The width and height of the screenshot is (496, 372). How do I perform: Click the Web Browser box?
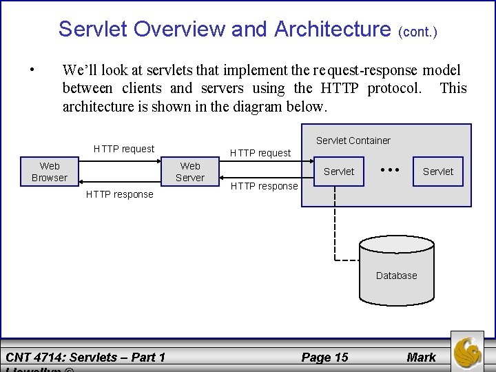[50, 172]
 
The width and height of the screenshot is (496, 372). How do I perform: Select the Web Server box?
[190, 172]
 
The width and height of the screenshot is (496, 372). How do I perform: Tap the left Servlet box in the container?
[339, 172]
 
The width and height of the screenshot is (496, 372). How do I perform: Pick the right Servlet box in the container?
[438, 172]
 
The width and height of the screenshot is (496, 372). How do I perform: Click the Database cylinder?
[397, 276]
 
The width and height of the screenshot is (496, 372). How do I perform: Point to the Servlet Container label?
[353, 141]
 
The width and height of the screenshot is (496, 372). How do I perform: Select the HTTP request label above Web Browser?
[124, 149]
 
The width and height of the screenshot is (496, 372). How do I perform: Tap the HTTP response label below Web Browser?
[120, 194]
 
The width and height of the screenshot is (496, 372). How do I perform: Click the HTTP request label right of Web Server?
[260, 153]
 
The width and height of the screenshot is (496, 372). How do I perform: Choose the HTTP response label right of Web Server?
[264, 186]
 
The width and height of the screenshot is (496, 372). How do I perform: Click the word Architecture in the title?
[332, 29]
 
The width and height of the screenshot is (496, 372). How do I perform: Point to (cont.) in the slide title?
[418, 32]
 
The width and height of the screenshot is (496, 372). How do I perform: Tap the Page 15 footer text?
[324, 357]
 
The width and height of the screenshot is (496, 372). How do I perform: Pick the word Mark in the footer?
[421, 357]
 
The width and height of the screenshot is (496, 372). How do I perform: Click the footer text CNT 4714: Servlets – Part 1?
[85, 357]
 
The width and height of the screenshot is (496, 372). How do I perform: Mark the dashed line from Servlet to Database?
[335, 227]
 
